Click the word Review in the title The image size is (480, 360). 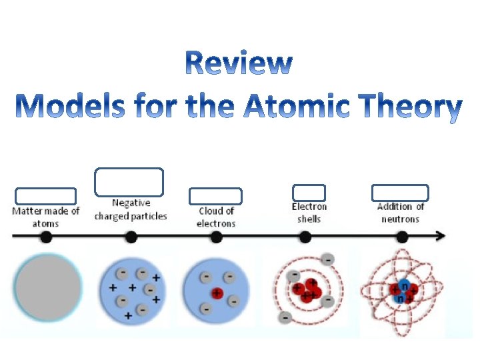click(x=238, y=64)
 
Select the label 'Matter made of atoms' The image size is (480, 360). click(x=45, y=217)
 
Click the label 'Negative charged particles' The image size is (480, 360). click(x=131, y=209)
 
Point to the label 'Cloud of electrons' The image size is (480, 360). click(x=216, y=217)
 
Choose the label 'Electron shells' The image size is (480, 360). click(x=309, y=213)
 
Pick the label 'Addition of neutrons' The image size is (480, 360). click(x=400, y=213)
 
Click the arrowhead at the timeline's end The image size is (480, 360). click(x=441, y=236)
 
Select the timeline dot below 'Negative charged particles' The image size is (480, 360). click(x=131, y=236)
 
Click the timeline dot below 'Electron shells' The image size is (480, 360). click(x=305, y=236)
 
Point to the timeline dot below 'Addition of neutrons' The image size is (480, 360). click(x=402, y=236)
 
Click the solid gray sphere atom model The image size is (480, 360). click(x=47, y=287)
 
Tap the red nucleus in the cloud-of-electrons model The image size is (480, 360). click(x=217, y=293)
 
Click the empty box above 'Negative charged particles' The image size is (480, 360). click(x=129, y=182)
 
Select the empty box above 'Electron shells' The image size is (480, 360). click(x=309, y=193)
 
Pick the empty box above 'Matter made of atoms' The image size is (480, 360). click(x=45, y=196)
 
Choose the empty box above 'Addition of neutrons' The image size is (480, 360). click(x=399, y=192)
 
